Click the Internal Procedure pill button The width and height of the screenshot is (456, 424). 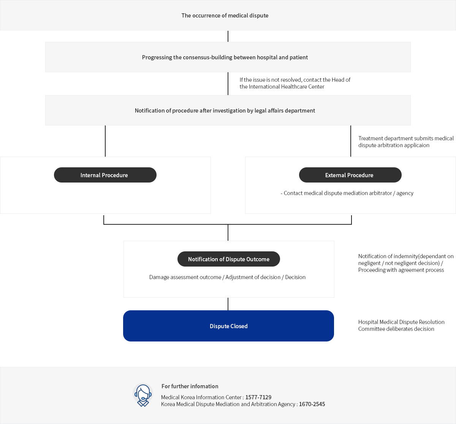tap(105, 175)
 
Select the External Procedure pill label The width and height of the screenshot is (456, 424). tap(350, 175)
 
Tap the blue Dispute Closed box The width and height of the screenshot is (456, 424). tap(228, 326)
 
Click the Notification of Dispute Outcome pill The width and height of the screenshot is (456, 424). tap(229, 259)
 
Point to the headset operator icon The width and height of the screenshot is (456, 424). tap(143, 395)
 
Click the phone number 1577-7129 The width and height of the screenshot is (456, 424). tap(258, 397)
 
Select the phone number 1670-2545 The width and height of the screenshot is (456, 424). tap(312, 404)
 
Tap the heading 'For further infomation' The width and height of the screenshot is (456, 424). tap(190, 386)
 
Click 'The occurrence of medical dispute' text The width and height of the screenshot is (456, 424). tap(225, 15)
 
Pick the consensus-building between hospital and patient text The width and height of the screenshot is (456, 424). tap(225, 57)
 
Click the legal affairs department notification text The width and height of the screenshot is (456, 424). tap(225, 111)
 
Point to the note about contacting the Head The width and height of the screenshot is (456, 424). tap(295, 83)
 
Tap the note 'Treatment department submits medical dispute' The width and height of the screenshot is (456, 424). tap(406, 141)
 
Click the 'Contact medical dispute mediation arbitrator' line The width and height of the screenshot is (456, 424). tap(347, 193)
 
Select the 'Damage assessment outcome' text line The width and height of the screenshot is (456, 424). tap(227, 277)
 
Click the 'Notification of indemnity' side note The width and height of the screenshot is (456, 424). tap(406, 263)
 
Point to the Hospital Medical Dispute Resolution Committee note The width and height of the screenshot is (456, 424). tap(401, 325)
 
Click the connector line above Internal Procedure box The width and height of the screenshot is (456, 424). tap(105, 141)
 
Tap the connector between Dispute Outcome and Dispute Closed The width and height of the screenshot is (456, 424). tap(228, 304)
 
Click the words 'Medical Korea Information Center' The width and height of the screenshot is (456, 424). tap(201, 397)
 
